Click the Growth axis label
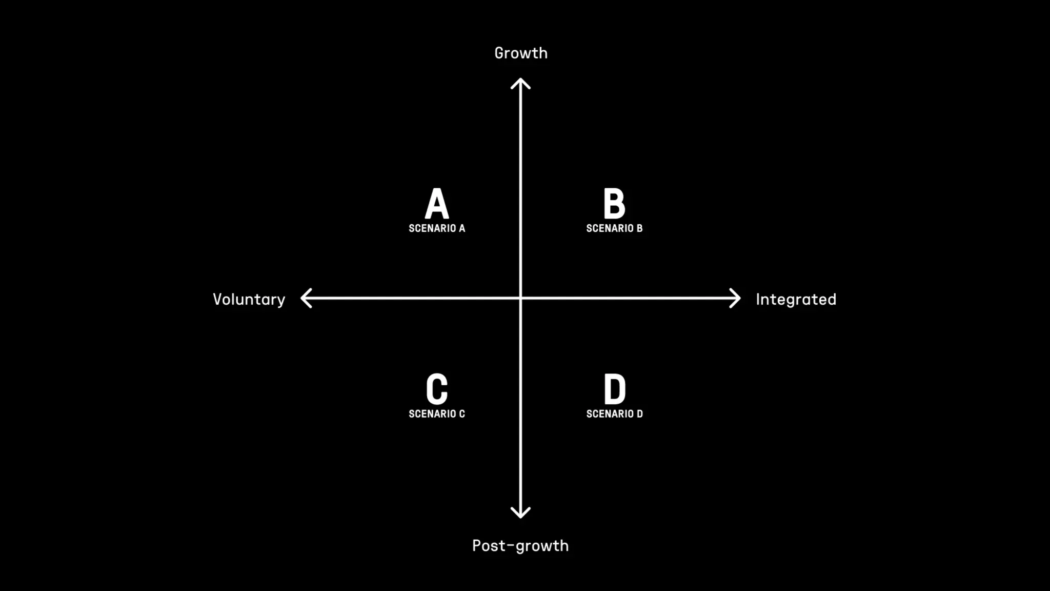click(520, 53)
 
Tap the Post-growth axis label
click(520, 545)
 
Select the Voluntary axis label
click(249, 300)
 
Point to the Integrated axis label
click(796, 299)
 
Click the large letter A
click(437, 203)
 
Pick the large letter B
click(614, 203)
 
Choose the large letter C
click(437, 389)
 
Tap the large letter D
click(614, 389)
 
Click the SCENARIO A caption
click(437, 228)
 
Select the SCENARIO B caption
click(614, 228)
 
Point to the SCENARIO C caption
click(437, 414)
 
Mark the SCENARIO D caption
click(614, 414)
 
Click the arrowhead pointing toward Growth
click(520, 82)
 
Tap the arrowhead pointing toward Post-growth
click(520, 514)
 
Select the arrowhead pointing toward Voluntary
click(305, 298)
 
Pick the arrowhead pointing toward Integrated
click(736, 298)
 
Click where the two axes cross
click(520, 298)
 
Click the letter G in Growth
click(500, 53)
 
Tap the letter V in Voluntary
click(218, 299)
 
